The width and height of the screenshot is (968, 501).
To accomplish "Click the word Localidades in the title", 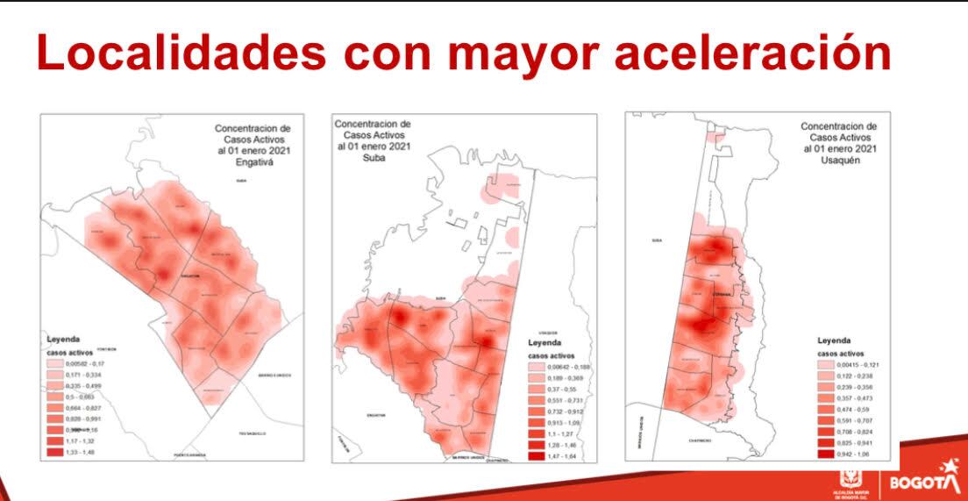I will click(x=181, y=54).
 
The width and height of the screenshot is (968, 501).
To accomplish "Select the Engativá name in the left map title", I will click(x=255, y=162).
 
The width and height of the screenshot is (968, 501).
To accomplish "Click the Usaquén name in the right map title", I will click(x=838, y=161).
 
